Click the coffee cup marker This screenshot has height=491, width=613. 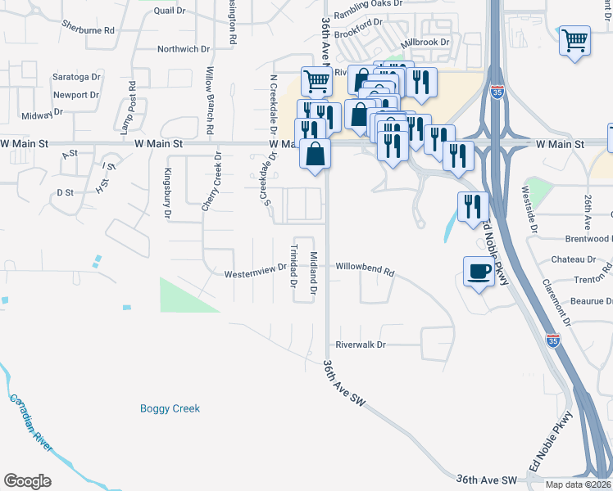coord(479,272)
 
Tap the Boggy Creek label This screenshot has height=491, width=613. coord(170,408)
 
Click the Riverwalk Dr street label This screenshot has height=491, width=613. coord(360,345)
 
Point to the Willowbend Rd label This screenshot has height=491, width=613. coord(365,268)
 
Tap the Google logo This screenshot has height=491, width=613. coord(27,481)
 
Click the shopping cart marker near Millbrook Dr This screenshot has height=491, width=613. coord(574,39)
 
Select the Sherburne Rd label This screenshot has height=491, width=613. coord(88,29)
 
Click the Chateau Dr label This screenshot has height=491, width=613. coord(573,259)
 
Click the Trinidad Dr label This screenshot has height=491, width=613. coord(293,266)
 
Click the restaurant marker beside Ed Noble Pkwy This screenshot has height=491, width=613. coord(473,206)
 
